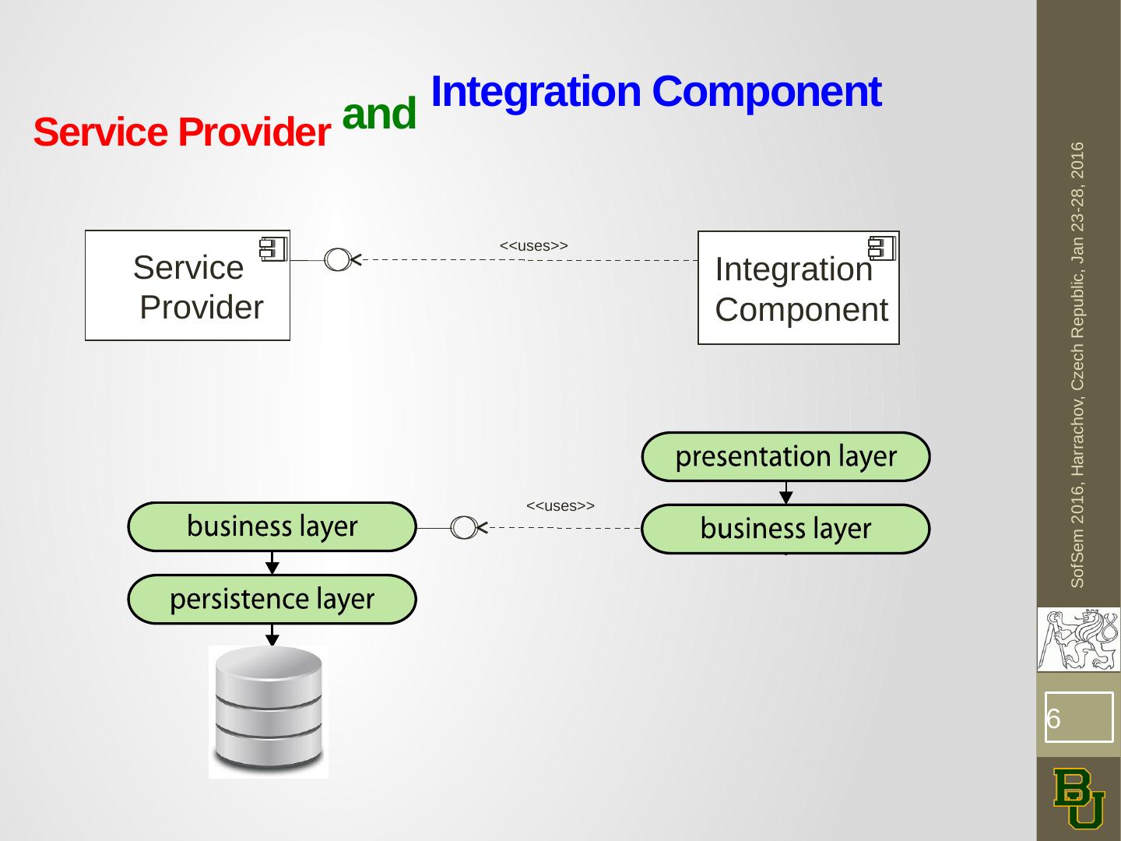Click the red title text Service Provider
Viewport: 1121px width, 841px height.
pyautogui.click(x=182, y=132)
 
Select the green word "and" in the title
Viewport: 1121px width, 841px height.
pyautogui.click(x=379, y=113)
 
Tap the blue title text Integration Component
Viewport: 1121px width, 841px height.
pyautogui.click(x=656, y=92)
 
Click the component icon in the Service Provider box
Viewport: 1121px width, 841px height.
pyautogui.click(x=273, y=249)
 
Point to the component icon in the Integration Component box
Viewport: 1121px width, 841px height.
pyautogui.click(x=881, y=248)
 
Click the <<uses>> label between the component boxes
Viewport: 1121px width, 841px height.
pyautogui.click(x=534, y=245)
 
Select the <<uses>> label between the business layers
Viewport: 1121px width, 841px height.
pyautogui.click(x=560, y=505)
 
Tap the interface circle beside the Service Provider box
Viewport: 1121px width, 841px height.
pyautogui.click(x=337, y=259)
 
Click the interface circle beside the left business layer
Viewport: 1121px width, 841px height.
pyautogui.click(x=464, y=527)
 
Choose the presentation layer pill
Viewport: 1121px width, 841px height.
pyautogui.click(x=785, y=456)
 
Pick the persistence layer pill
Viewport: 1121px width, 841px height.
pyautogui.click(x=272, y=599)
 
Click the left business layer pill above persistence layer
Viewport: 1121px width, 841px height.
pyautogui.click(x=272, y=526)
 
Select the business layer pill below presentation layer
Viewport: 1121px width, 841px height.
pyautogui.click(x=785, y=529)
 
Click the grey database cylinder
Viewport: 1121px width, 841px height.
pyautogui.click(x=269, y=709)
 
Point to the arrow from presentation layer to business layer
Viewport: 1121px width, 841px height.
pyautogui.click(x=786, y=493)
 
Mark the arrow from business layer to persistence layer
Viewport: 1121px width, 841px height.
pyautogui.click(x=272, y=563)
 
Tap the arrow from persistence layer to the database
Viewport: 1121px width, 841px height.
pyautogui.click(x=272, y=635)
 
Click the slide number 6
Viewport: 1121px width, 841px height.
pyautogui.click(x=1053, y=719)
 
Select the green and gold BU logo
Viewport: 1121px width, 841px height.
pyautogui.click(x=1079, y=799)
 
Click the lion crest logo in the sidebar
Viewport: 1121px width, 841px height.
pyautogui.click(x=1079, y=639)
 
